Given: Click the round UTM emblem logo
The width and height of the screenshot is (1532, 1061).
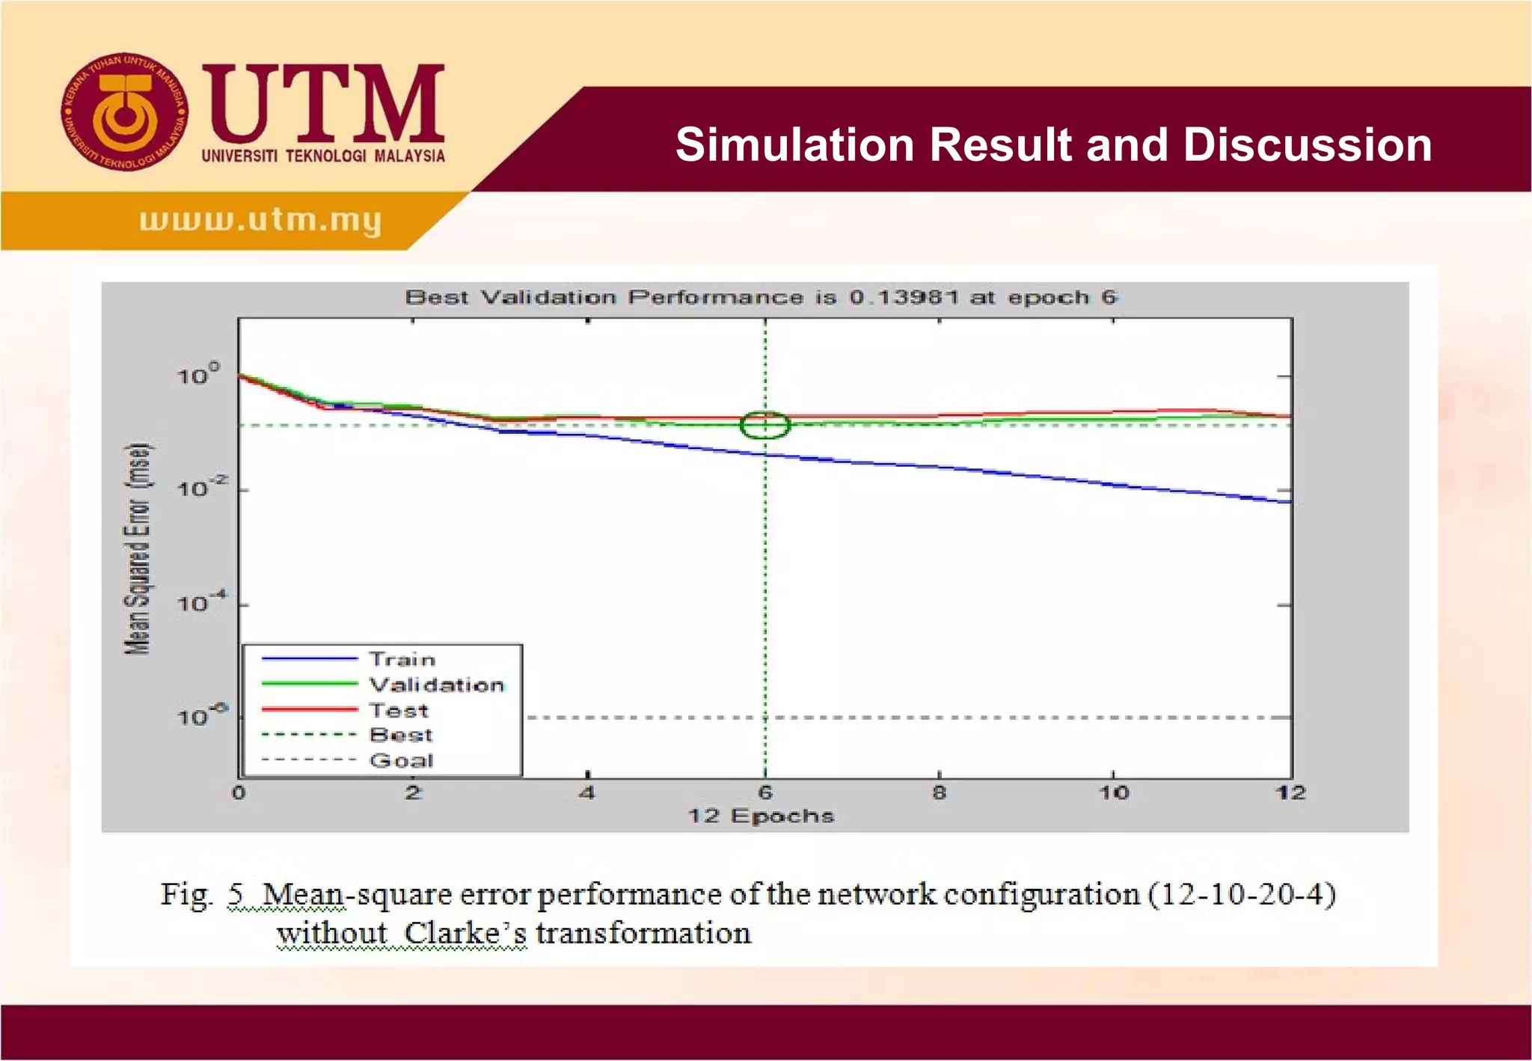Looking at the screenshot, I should pos(124,112).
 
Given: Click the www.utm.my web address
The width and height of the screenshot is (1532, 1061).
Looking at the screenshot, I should pos(260,220).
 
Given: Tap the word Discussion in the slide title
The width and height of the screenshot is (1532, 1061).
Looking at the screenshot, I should pos(1307,144).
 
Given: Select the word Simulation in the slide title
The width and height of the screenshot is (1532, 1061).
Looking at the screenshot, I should pos(794,144).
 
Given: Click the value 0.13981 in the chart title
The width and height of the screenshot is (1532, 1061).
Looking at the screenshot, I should pos(904,297).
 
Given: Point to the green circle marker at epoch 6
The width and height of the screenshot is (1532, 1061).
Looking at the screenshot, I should pos(765,425).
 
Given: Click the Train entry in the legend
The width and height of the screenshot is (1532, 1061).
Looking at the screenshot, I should pos(402,659).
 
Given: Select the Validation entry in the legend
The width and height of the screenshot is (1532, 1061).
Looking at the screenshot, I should pos(437,685).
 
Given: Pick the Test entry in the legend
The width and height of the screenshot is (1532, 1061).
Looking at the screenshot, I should pos(399,710).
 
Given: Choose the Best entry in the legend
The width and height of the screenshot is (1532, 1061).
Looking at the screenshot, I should pos(401,735).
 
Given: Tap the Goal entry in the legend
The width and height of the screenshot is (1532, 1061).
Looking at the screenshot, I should pos(401,760).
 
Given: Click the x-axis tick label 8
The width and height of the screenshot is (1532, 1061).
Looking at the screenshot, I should pos(939,793).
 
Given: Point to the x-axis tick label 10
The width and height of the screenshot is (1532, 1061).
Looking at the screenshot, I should pos(1113,793).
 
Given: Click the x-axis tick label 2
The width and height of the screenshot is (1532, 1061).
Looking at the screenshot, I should pos(413,793).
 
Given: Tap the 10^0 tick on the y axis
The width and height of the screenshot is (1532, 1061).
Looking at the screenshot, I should pos(198,374).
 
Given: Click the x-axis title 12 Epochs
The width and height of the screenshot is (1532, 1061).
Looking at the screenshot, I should pos(760,816).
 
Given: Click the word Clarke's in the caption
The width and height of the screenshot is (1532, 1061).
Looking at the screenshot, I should pos(465,934).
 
